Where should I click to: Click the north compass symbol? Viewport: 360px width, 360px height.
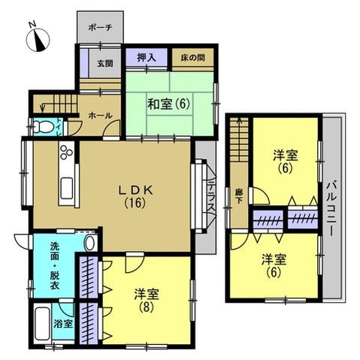(x=38, y=39)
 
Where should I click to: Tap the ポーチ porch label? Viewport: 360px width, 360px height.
(x=100, y=27)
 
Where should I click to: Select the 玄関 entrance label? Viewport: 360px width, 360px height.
(x=105, y=63)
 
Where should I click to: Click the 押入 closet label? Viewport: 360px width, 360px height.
(x=147, y=57)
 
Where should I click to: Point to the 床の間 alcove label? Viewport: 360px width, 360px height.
(x=192, y=58)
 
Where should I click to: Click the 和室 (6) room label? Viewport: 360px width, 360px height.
(x=168, y=104)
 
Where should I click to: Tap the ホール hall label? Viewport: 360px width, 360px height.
(x=100, y=116)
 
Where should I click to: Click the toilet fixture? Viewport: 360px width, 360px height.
(x=44, y=127)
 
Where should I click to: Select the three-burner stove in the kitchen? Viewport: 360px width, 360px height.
(x=67, y=152)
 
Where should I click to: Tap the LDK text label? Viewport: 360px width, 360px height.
(x=135, y=191)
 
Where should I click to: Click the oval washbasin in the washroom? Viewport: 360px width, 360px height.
(x=89, y=243)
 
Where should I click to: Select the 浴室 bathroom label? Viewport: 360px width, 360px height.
(x=63, y=324)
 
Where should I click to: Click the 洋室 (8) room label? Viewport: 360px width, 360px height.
(x=147, y=300)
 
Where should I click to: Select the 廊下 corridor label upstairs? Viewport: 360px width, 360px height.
(x=238, y=197)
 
